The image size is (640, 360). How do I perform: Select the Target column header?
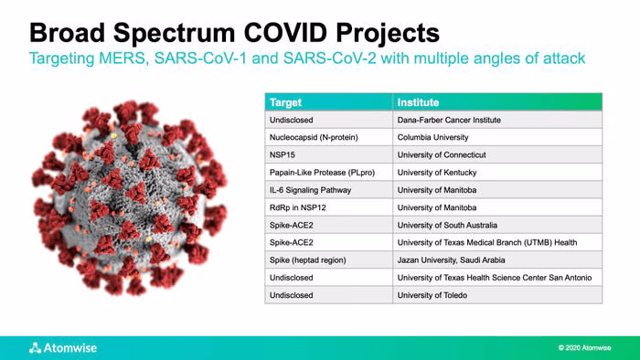pyautogui.click(x=329, y=102)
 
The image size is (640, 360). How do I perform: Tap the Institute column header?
pyautogui.click(x=497, y=102)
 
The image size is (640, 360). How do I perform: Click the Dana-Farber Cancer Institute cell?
pyautogui.click(x=497, y=120)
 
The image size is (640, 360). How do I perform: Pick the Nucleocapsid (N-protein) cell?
pyautogui.click(x=329, y=137)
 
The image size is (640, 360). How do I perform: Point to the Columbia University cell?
pyautogui.click(x=497, y=137)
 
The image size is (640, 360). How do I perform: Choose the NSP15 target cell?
pyautogui.click(x=329, y=155)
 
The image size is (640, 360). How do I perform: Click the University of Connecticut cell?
pyautogui.click(x=497, y=155)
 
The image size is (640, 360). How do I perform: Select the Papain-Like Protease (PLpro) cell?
pyautogui.click(x=329, y=173)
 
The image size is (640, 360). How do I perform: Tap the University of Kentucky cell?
pyautogui.click(x=497, y=173)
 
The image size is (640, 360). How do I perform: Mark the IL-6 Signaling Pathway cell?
pyautogui.click(x=329, y=190)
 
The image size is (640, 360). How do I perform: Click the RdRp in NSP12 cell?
pyautogui.click(x=329, y=207)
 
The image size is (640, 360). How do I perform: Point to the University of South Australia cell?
pyautogui.click(x=497, y=225)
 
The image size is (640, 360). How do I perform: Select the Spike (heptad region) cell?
pyautogui.click(x=329, y=260)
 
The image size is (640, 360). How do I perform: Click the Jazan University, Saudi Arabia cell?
pyautogui.click(x=497, y=260)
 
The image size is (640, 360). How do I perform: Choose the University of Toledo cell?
pyautogui.click(x=497, y=295)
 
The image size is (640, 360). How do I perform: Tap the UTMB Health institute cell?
pyautogui.click(x=497, y=242)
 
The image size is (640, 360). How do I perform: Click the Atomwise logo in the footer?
pyautogui.click(x=63, y=348)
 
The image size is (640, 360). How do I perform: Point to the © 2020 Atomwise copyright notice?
pyautogui.click(x=584, y=348)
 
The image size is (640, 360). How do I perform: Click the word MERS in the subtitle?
pyautogui.click(x=122, y=58)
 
